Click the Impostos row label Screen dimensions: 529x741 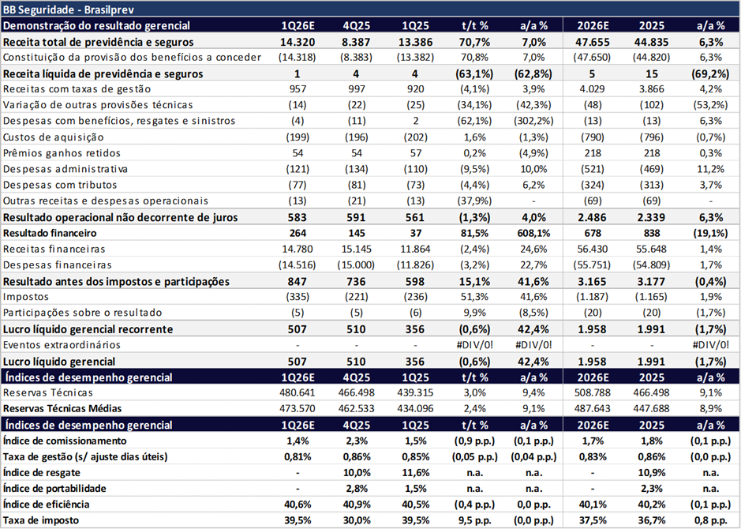(26, 297)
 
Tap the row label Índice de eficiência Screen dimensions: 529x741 (47, 504)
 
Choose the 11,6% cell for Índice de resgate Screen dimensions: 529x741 (417, 472)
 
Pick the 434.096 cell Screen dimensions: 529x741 (417, 408)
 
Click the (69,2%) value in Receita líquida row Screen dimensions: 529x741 (709, 73)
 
